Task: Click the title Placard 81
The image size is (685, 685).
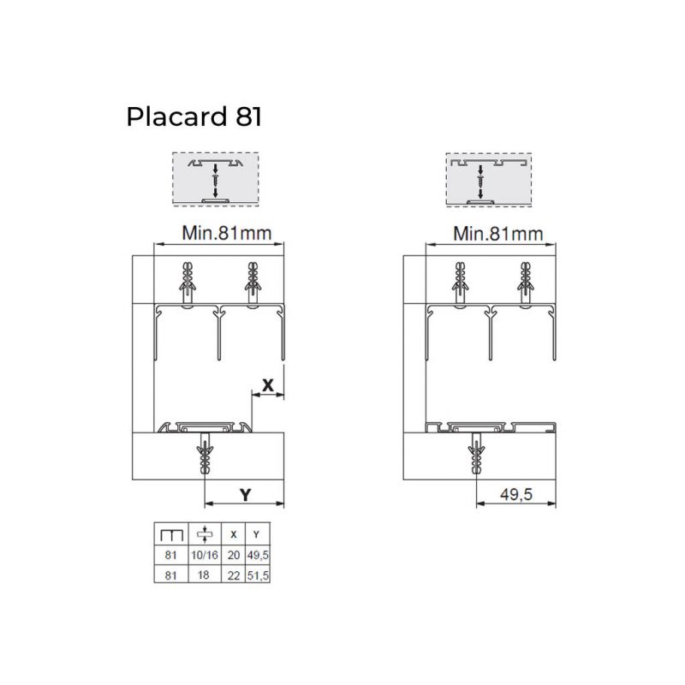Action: [194, 116]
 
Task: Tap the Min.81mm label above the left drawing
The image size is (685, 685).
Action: [227, 233]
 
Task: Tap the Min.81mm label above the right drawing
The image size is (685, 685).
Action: [498, 234]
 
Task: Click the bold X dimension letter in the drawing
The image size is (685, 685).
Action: [268, 384]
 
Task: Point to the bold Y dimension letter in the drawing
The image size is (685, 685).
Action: [246, 495]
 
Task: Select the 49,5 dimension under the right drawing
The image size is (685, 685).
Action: [516, 495]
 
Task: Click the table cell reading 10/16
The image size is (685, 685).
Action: [205, 555]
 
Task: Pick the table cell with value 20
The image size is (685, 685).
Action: [234, 555]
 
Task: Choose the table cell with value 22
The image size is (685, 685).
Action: [234, 575]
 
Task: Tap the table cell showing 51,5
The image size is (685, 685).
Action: [258, 575]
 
